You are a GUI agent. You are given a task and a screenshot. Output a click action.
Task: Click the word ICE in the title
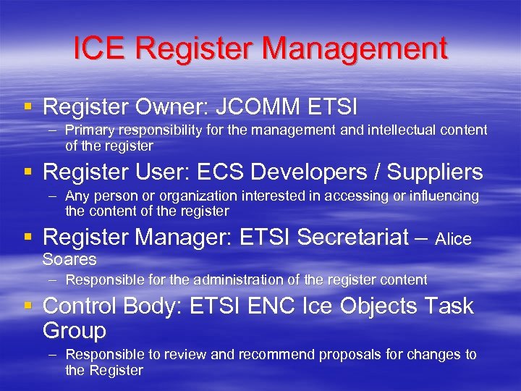101,49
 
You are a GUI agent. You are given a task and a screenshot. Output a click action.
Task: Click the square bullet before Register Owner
28,107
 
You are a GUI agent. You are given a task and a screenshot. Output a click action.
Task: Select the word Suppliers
435,172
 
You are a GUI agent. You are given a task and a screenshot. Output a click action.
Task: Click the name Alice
454,239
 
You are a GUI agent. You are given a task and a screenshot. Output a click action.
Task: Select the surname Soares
69,259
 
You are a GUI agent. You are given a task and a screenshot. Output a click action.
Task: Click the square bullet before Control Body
28,306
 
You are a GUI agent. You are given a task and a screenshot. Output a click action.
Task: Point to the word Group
75,331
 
